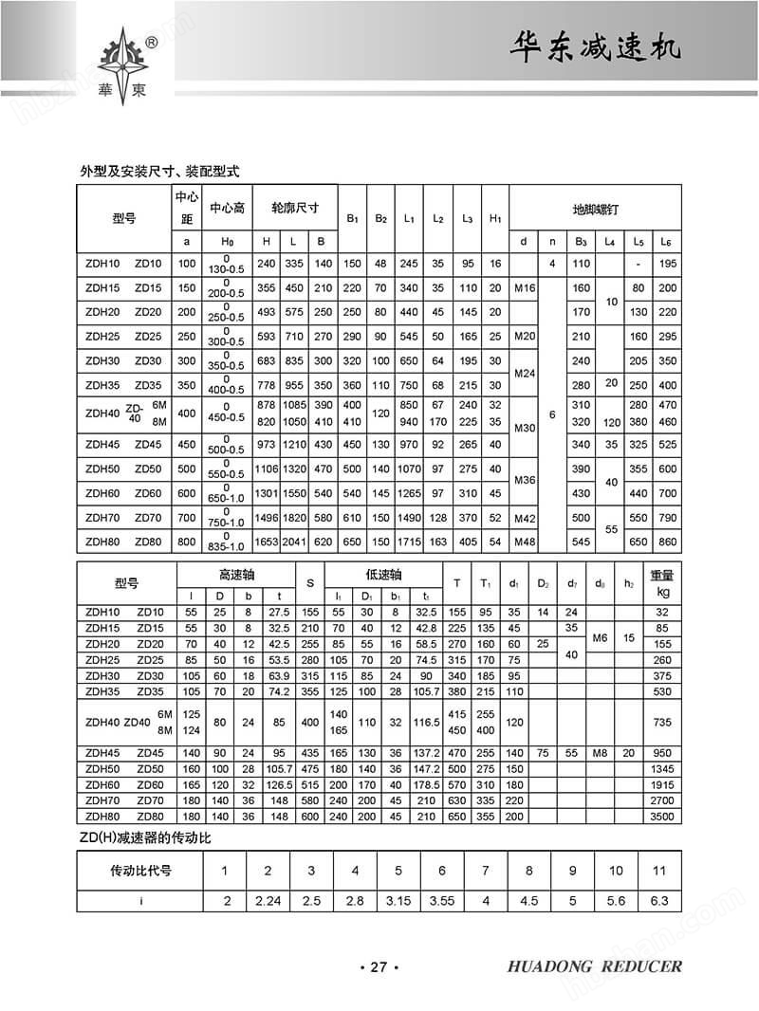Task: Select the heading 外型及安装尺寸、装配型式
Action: click(159, 172)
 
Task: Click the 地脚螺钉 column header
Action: click(595, 208)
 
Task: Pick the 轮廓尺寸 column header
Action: click(295, 208)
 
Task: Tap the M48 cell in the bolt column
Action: click(525, 541)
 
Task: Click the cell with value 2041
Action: click(294, 541)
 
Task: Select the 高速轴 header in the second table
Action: click(237, 575)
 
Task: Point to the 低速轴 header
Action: click(383, 575)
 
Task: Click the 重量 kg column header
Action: click(661, 582)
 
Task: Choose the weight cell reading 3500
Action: click(661, 815)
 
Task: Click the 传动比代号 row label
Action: click(141, 871)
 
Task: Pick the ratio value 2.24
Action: click(268, 900)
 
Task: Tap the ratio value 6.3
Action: click(659, 900)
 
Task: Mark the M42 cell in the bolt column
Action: click(525, 517)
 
